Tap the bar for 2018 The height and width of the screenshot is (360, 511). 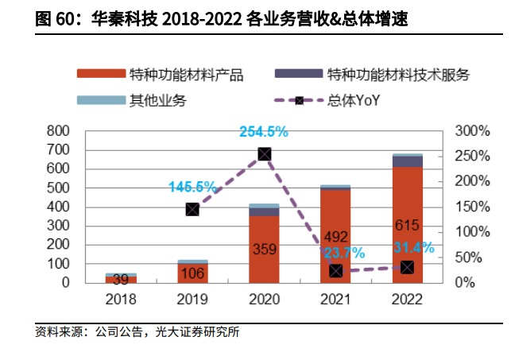(121, 278)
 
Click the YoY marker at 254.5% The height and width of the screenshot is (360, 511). (265, 154)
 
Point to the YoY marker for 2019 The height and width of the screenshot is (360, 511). (192, 209)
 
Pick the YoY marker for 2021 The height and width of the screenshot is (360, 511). (336, 271)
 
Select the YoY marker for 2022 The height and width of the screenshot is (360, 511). (407, 267)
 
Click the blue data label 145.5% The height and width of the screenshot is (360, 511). (192, 187)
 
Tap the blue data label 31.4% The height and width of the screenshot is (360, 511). (414, 247)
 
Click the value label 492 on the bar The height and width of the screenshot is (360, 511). (335, 236)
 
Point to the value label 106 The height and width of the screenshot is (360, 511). (192, 273)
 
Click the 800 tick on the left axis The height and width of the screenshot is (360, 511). (60, 130)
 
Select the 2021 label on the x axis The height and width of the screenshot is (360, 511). (335, 300)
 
